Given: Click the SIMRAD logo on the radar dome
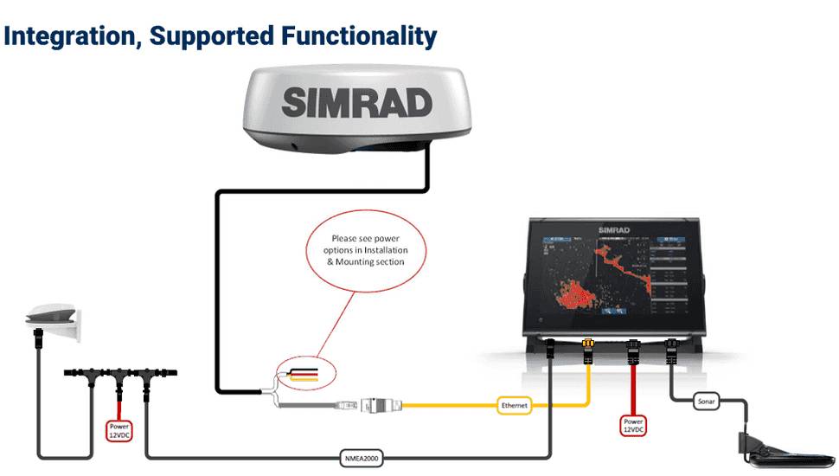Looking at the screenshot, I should tap(356, 104).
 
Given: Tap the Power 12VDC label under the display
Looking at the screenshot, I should tap(633, 424).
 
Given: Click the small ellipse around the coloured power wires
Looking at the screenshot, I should tap(304, 373).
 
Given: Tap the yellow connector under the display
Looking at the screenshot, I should tap(588, 350).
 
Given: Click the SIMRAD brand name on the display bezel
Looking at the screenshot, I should tap(614, 230).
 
